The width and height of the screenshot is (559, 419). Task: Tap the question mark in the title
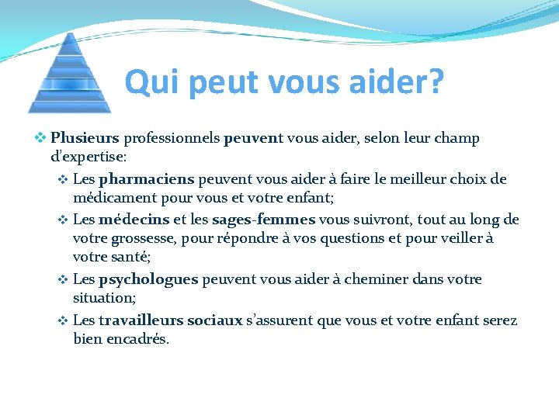(x=434, y=81)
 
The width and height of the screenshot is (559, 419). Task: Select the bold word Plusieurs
(x=85, y=139)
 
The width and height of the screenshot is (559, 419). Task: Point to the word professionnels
(x=171, y=139)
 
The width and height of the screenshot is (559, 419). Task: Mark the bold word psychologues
(x=148, y=279)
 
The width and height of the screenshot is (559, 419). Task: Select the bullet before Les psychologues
(x=63, y=279)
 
